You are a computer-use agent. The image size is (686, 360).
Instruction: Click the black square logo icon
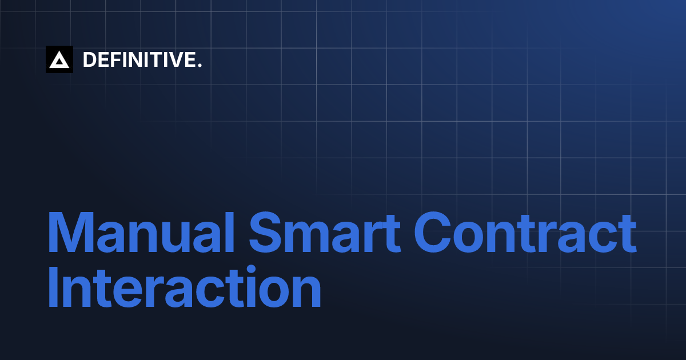click(x=59, y=59)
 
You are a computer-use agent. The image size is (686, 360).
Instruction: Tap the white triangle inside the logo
click(x=59, y=61)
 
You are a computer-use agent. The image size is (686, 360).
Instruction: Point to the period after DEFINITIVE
click(x=200, y=66)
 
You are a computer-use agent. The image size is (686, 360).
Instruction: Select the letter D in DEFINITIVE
click(x=89, y=59)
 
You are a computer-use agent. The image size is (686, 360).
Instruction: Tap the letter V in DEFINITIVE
click(x=175, y=59)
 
